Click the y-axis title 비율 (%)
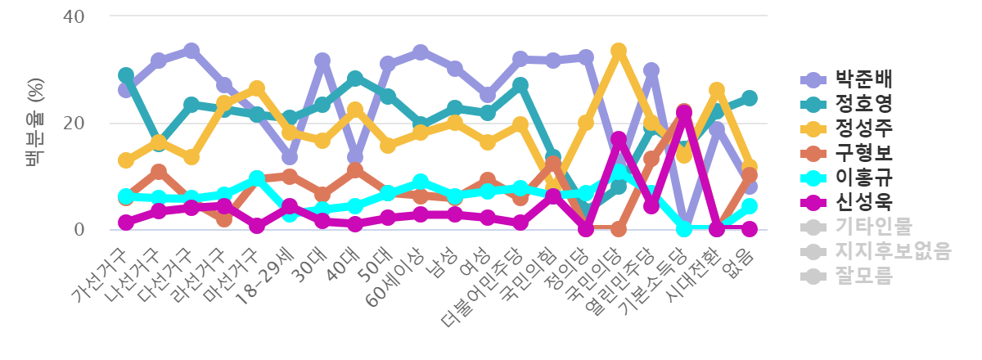coord(34,123)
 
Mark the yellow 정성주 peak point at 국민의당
coord(619,51)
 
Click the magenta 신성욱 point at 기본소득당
coord(684,112)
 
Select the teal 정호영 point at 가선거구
coord(126,75)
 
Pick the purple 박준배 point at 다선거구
coord(191,51)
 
